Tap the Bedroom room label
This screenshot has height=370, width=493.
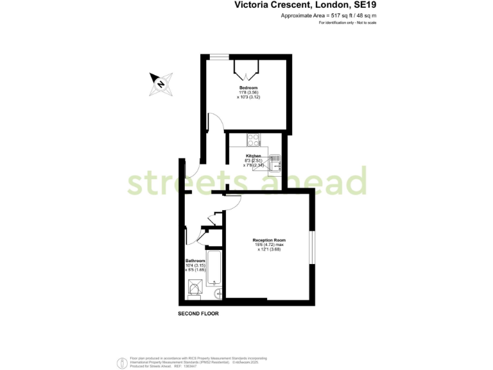(248, 88)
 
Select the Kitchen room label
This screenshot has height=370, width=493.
(253, 156)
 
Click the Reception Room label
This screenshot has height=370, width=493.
(268, 240)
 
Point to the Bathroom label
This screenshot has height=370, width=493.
(195, 261)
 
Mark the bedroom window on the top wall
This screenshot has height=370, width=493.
(220, 57)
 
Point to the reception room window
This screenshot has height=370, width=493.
(313, 247)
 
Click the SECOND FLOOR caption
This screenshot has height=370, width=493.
(198, 314)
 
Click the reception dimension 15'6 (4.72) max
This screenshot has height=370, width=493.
(268, 245)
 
